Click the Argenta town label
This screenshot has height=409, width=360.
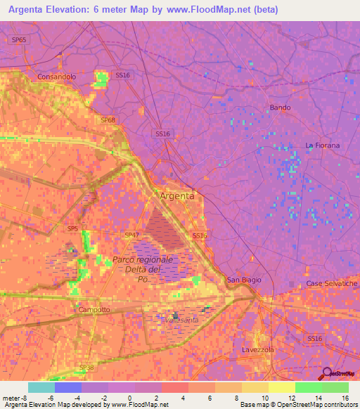[x=177, y=196]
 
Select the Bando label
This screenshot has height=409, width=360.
[x=280, y=108]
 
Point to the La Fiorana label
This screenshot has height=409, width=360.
[x=322, y=145]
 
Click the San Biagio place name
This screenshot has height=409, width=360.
[x=243, y=280]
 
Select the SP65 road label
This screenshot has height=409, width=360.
[x=19, y=40]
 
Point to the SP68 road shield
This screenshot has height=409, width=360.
[x=107, y=120]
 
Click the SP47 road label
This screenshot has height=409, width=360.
[x=131, y=235]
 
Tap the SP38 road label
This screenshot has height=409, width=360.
[x=86, y=368]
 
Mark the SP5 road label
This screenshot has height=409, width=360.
[x=72, y=228]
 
